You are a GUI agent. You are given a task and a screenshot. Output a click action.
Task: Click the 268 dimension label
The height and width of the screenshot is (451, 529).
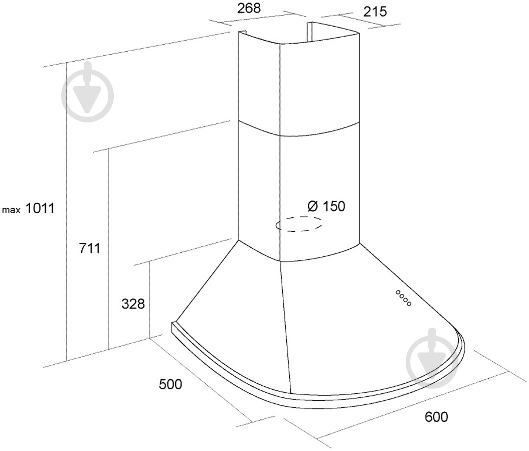[249, 8]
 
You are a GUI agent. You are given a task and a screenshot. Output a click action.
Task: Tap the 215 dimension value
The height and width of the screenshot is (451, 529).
[375, 12]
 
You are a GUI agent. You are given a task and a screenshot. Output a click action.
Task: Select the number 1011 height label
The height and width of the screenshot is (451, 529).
[40, 208]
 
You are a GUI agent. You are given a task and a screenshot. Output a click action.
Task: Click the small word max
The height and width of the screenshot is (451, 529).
[12, 210]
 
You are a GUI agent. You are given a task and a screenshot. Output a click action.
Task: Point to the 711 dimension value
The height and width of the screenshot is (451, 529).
[89, 248]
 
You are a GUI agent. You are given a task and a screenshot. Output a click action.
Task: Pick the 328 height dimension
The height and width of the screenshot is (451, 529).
[133, 304]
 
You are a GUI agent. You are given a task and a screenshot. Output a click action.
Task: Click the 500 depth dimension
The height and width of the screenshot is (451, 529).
[170, 384]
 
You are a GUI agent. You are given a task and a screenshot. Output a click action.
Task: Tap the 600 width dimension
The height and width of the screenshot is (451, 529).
[436, 416]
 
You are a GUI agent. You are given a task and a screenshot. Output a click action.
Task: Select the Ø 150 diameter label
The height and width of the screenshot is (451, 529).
[326, 206]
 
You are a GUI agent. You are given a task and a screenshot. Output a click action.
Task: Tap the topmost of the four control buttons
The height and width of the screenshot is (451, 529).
[398, 291]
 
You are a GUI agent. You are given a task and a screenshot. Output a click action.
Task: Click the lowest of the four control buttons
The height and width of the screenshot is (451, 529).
[409, 304]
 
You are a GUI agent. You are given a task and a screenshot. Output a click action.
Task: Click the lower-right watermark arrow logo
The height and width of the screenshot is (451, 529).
[432, 357]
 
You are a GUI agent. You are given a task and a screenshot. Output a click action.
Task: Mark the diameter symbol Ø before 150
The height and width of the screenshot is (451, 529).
[313, 206]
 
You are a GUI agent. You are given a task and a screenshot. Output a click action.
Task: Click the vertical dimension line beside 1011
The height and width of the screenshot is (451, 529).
[67, 211]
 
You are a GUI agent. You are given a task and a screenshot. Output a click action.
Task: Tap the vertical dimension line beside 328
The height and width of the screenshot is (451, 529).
[149, 300]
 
